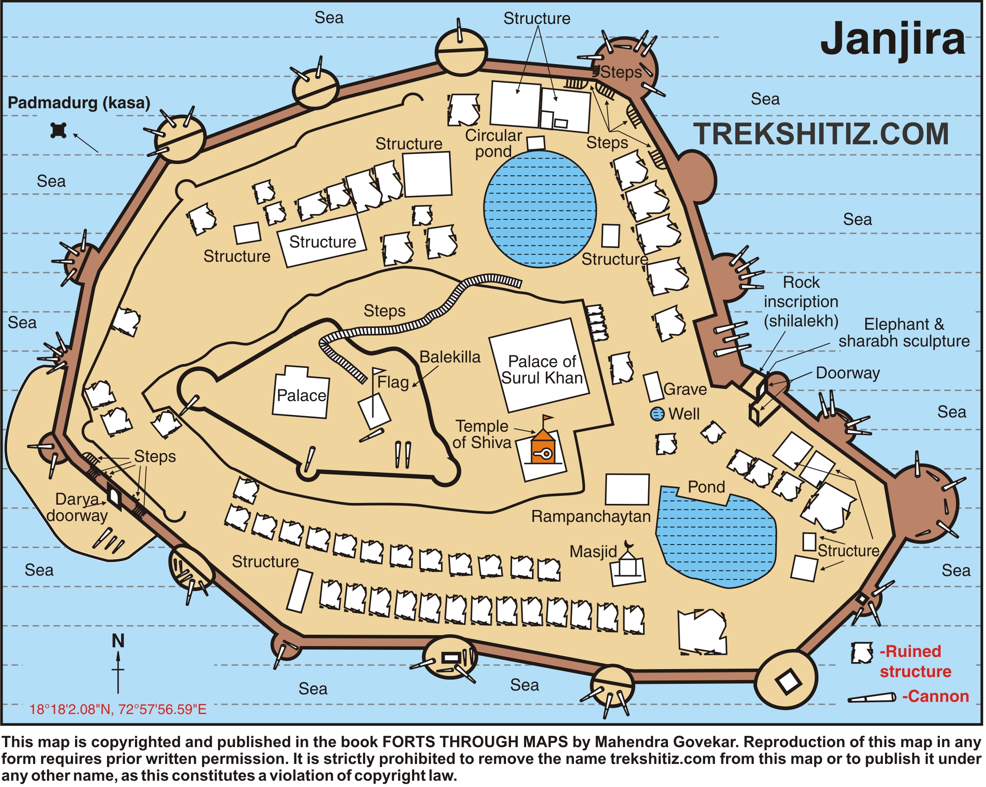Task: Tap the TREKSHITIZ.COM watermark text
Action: (821, 134)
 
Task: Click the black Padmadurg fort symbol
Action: (59, 130)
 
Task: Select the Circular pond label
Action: (493, 143)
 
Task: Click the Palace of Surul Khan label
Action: (542, 370)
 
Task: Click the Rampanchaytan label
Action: (591, 516)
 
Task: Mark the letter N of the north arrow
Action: (118, 641)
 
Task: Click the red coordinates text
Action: (118, 710)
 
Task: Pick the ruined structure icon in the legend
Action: (861, 653)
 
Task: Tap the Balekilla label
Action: (450, 357)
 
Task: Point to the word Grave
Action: (685, 389)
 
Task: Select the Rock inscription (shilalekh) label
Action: (801, 302)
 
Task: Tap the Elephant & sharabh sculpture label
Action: (904, 333)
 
